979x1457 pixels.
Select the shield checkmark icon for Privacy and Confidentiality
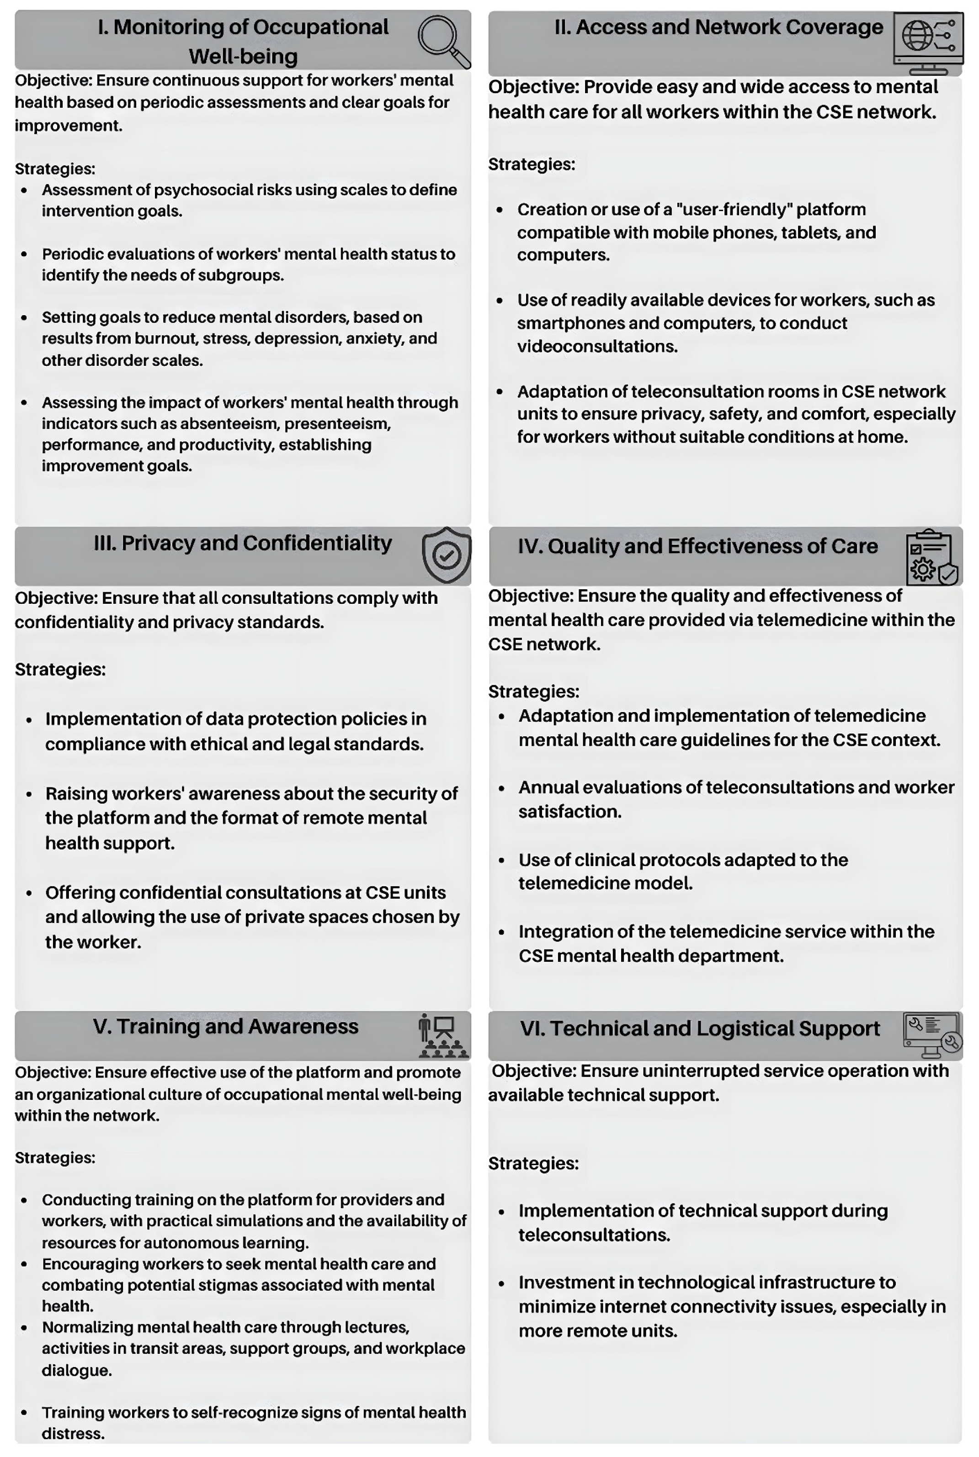point(446,555)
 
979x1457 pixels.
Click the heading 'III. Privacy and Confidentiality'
point(243,543)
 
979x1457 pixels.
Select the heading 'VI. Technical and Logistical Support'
point(699,1028)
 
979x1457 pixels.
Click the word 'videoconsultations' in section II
point(597,346)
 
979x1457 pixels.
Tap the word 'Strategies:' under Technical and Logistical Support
point(533,1163)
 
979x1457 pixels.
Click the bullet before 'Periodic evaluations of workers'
point(24,254)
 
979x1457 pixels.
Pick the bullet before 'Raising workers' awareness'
point(29,794)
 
